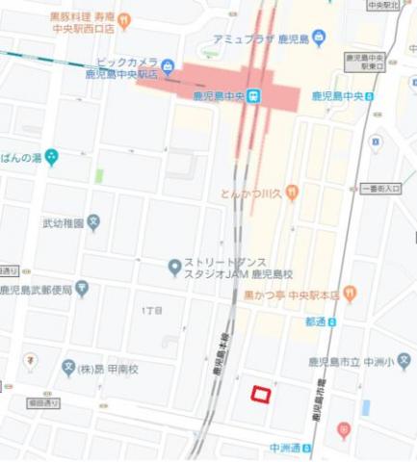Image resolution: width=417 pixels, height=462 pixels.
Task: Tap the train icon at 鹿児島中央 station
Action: (253, 95)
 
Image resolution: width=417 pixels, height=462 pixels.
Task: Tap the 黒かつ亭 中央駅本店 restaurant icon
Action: (350, 293)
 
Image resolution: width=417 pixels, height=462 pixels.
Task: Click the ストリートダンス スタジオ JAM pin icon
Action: (174, 266)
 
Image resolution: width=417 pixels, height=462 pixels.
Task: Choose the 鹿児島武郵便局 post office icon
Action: (82, 288)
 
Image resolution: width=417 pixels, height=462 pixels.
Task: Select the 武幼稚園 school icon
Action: (93, 223)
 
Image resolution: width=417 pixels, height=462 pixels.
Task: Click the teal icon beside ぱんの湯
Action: (51, 156)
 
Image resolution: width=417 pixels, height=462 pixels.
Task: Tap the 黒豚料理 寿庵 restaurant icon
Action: (124, 19)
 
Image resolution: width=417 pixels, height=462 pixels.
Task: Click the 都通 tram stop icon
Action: (333, 321)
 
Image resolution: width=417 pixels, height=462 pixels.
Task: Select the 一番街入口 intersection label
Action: (381, 190)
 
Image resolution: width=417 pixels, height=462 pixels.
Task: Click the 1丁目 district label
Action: (152, 311)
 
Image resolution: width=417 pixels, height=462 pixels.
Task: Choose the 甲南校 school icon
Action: (68, 369)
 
